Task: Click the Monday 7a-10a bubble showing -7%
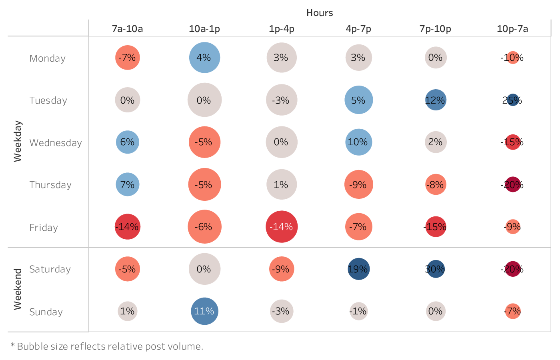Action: click(127, 58)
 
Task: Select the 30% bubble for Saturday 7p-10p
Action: click(435, 269)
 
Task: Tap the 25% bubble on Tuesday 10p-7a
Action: click(512, 100)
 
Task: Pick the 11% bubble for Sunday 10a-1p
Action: click(204, 311)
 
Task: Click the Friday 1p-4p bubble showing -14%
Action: click(282, 227)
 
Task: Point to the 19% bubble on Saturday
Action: click(358, 269)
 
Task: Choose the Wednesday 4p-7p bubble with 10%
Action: click(358, 142)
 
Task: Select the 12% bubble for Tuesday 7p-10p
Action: click(435, 100)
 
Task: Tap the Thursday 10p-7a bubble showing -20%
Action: click(512, 184)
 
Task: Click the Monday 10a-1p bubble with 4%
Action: click(204, 58)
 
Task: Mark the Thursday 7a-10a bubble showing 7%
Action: click(127, 184)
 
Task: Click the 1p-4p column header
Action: click(282, 29)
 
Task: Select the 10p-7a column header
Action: click(512, 29)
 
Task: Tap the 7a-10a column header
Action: click(127, 29)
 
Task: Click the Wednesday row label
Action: click(56, 143)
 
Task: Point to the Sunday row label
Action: click(46, 312)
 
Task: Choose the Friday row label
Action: click(44, 228)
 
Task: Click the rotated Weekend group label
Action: click(18, 289)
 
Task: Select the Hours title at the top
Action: click(320, 13)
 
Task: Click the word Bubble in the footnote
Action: click(29, 346)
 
